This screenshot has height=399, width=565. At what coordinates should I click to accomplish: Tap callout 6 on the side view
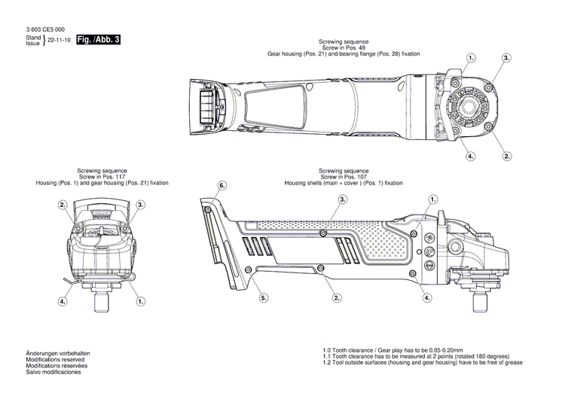pyautogui.click(x=221, y=185)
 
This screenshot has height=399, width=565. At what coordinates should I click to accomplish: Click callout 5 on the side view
pyautogui.click(x=264, y=298)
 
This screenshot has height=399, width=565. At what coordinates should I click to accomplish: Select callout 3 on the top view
pyautogui.click(x=506, y=58)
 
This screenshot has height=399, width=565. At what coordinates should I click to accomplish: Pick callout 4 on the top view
pyautogui.click(x=470, y=156)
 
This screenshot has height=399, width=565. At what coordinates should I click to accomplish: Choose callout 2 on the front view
pyautogui.click(x=64, y=204)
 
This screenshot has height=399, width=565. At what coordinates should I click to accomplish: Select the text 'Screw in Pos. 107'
pyautogui.click(x=344, y=177)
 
